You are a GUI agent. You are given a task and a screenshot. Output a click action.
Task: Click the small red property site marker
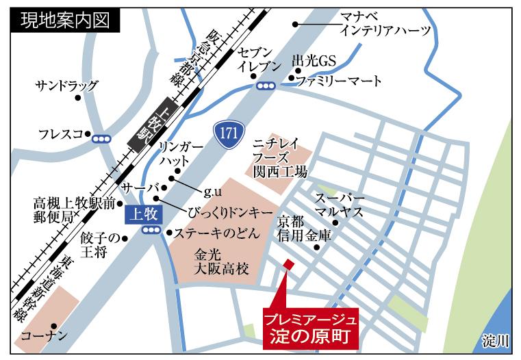coord(288,264)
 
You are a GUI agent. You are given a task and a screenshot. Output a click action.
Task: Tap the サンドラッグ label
coord(67,86)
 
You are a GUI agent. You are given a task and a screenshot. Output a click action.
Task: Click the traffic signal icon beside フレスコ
coord(102,138)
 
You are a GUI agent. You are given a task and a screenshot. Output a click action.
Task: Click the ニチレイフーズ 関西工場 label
coord(279,155)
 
